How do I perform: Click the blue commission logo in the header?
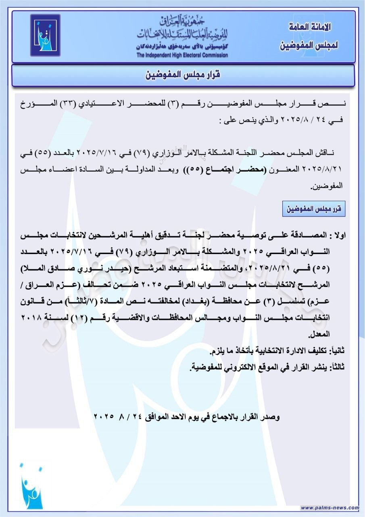[45, 35]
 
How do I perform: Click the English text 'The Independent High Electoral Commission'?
[182, 55]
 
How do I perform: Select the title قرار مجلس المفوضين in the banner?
[183, 76]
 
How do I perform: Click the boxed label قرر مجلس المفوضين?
[314, 209]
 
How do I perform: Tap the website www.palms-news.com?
[330, 508]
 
